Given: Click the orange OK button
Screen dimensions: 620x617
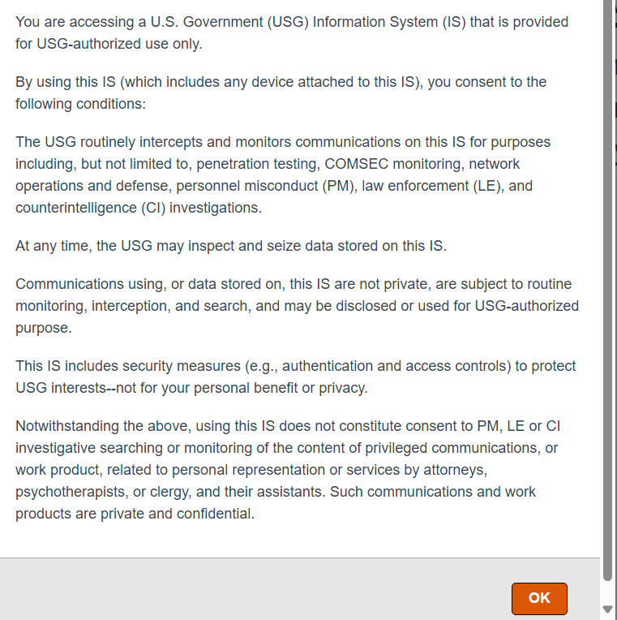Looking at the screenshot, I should (x=539, y=598).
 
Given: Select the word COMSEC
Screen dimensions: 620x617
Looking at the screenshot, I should (x=358, y=164).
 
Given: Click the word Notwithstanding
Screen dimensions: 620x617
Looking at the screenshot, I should (x=66, y=426).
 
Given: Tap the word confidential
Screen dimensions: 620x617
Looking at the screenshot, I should (x=213, y=514).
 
